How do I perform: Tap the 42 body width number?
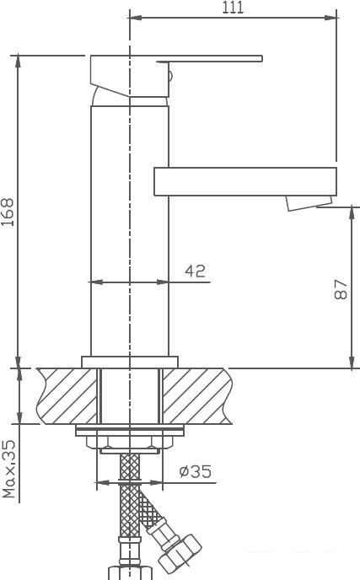195,271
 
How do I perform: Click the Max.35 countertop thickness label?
9,468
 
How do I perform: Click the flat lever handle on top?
211,60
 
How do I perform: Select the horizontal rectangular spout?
244,180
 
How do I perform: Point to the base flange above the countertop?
130,362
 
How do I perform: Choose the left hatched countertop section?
67,395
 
